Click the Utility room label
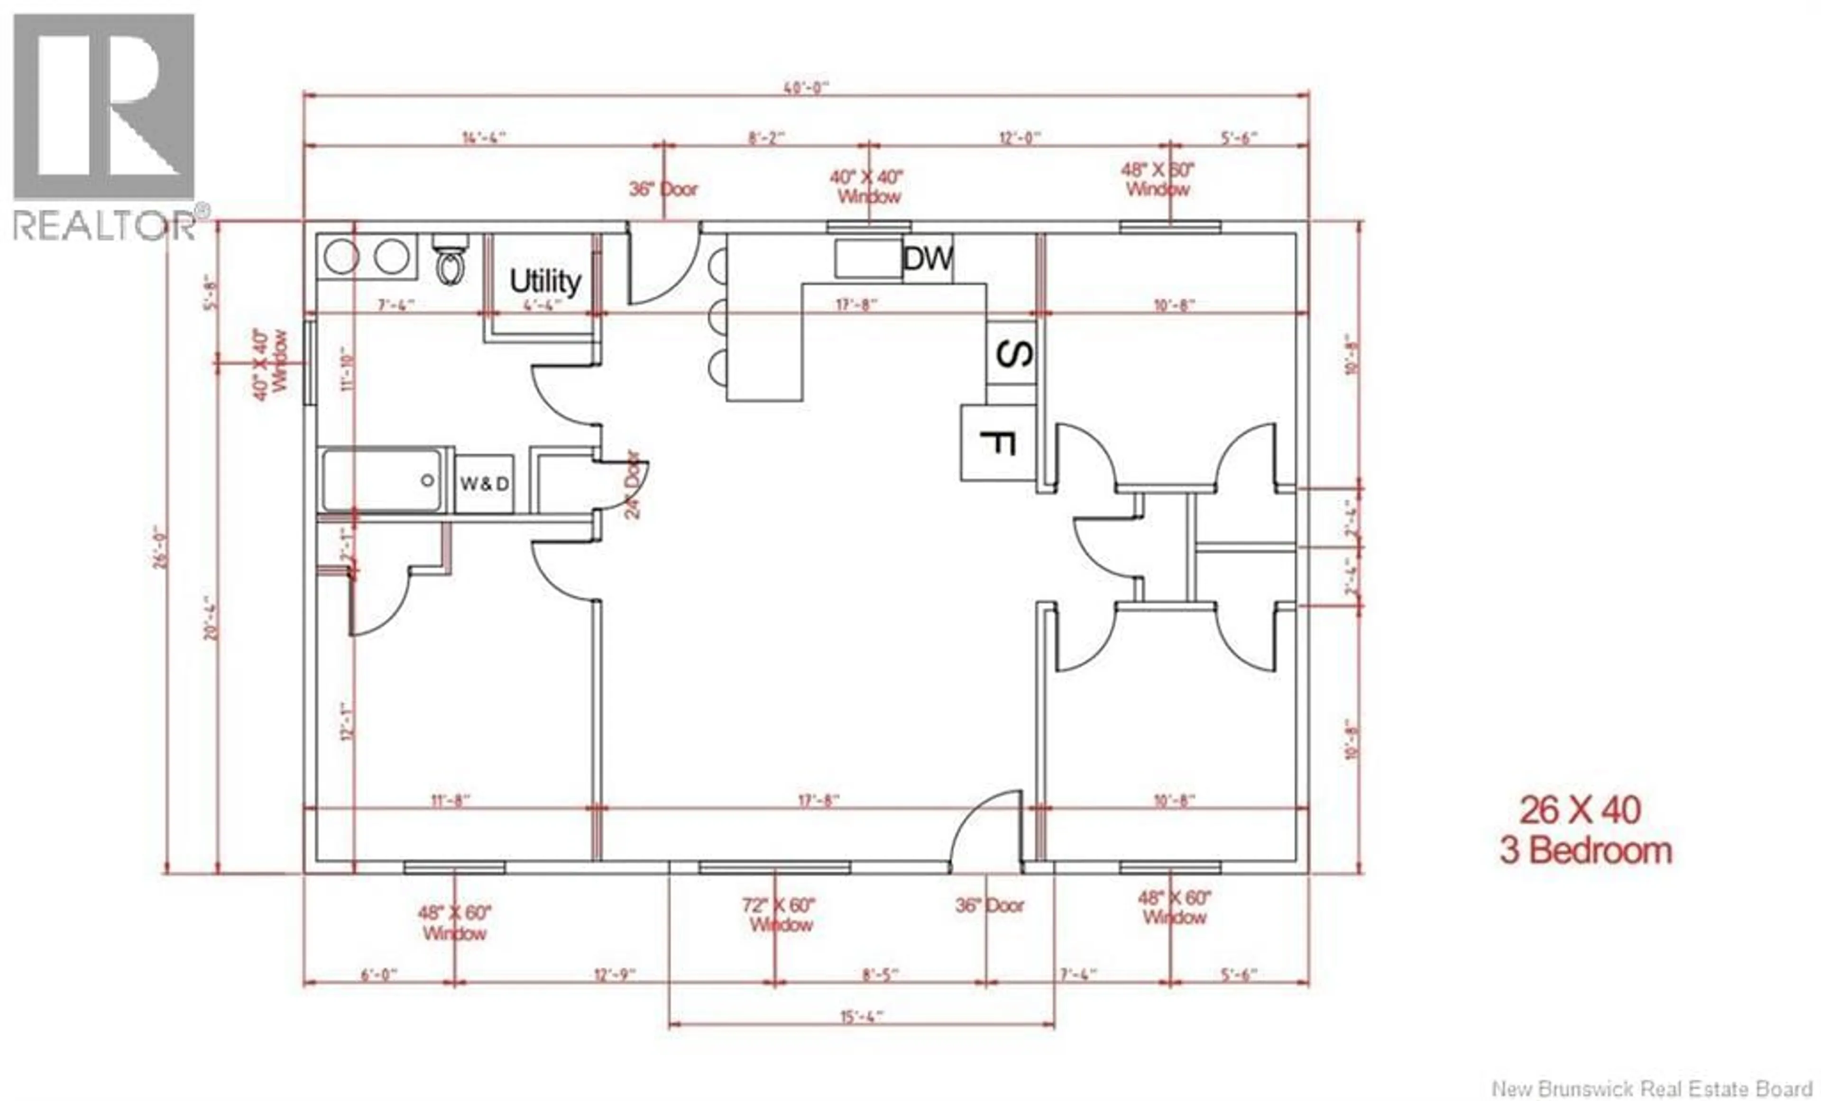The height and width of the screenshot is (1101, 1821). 545,282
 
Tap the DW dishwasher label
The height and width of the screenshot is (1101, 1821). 928,259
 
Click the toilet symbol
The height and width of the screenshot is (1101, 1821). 450,260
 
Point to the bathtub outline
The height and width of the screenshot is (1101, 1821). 383,480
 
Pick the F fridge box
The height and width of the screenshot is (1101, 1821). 997,442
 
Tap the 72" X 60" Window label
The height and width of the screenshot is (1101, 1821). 779,915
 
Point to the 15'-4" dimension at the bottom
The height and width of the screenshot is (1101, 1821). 862,1017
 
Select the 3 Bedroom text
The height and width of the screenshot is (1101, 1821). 1585,851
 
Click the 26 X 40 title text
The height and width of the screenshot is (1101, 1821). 1580,810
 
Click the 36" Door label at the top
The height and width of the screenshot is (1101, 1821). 663,189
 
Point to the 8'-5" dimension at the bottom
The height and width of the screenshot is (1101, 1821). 880,974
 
